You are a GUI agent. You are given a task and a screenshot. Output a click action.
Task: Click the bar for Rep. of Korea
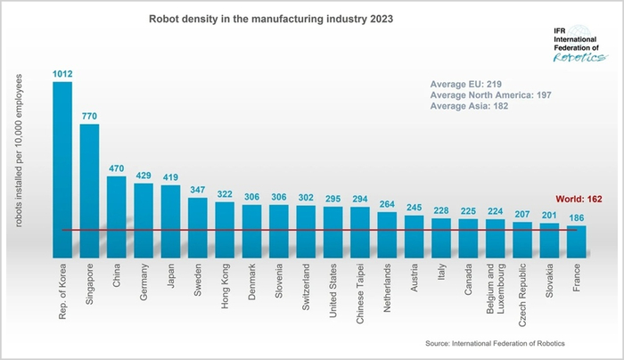pyautogui.click(x=62, y=169)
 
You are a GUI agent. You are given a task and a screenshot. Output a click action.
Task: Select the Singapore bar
pyautogui.click(x=89, y=191)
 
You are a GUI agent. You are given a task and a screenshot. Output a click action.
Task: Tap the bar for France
pyautogui.click(x=576, y=241)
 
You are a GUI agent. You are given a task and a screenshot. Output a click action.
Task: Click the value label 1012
pyautogui.click(x=62, y=74)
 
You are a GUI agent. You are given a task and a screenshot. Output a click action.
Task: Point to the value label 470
pyautogui.click(x=117, y=168)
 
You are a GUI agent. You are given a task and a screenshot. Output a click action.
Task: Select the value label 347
pyautogui.click(x=198, y=190)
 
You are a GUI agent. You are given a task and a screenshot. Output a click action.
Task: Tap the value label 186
pyautogui.click(x=576, y=218)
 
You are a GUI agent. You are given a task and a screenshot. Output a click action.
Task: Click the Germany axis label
pyautogui.click(x=144, y=283)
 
